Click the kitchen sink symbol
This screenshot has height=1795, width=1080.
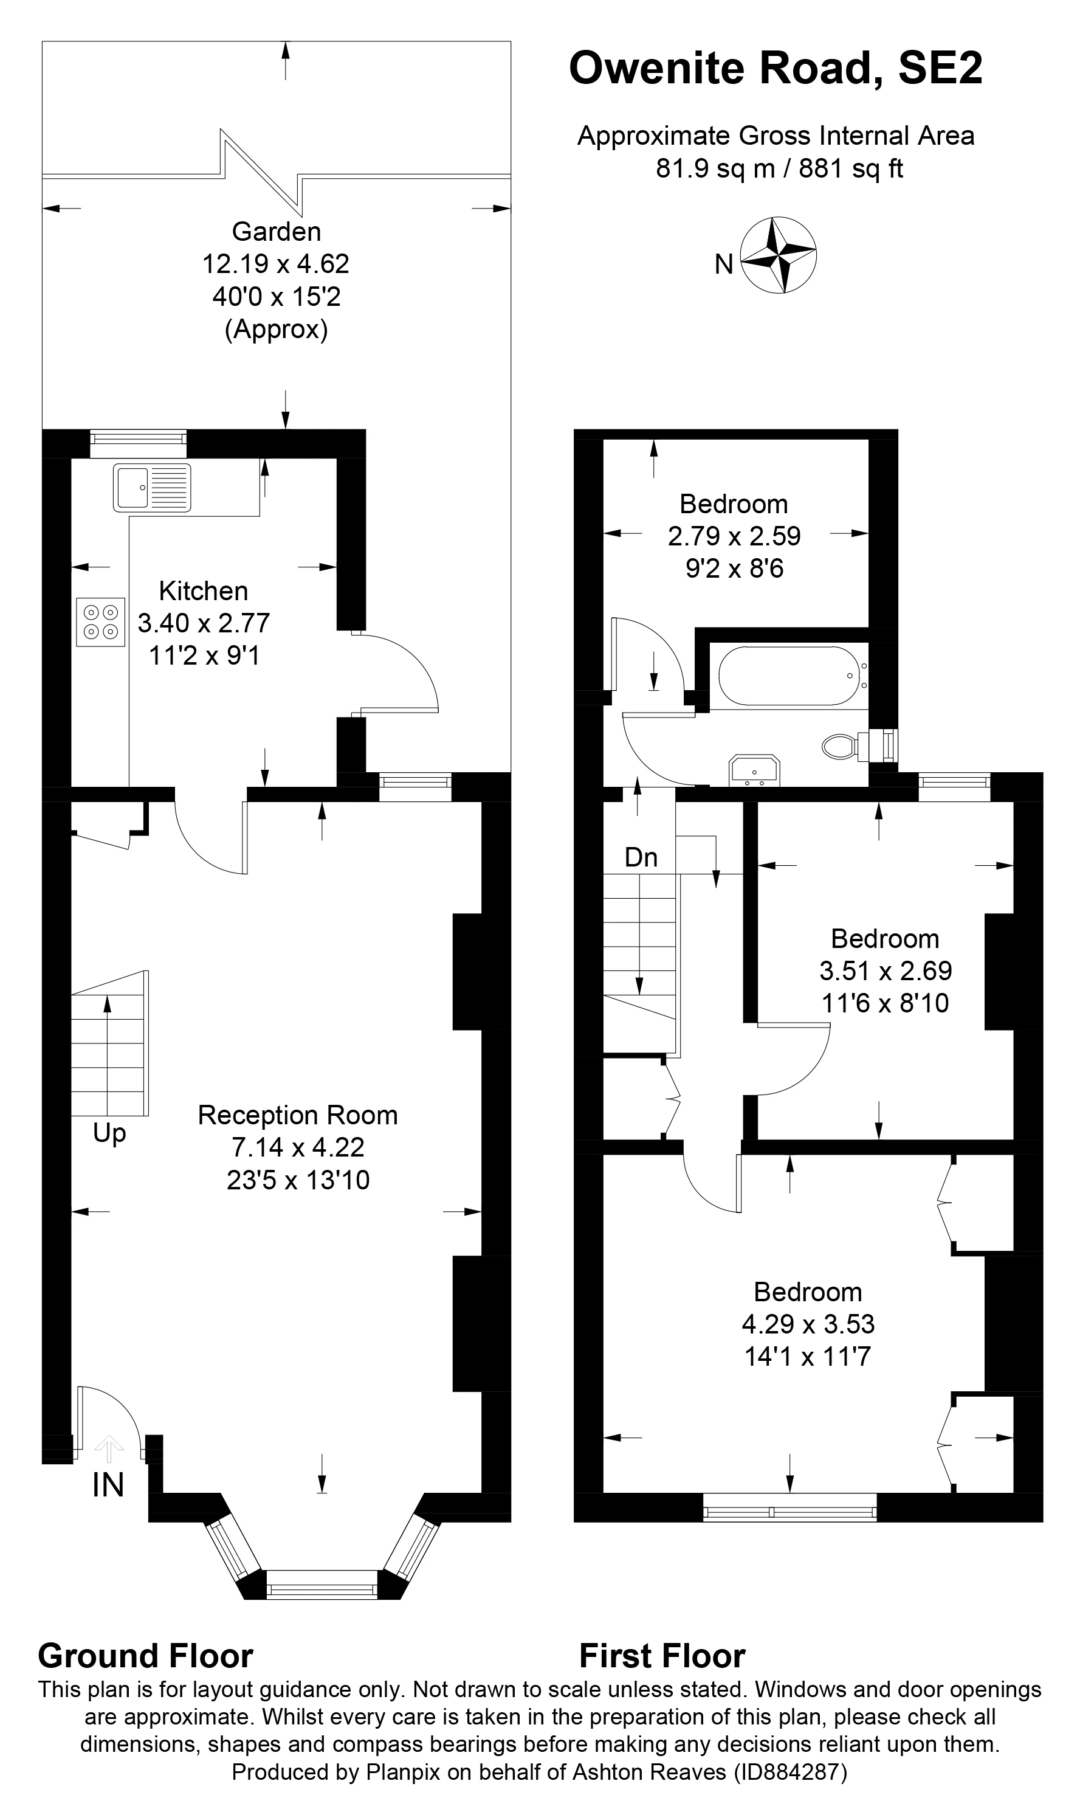[151, 487]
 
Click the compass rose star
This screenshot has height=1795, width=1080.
[778, 255]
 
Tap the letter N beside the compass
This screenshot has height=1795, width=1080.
[723, 265]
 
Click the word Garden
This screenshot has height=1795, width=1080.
[276, 232]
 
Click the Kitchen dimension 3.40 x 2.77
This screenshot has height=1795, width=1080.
[204, 623]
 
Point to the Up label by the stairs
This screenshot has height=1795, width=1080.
[109, 1133]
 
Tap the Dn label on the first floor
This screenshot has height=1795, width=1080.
[641, 857]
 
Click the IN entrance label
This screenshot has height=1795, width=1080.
[108, 1485]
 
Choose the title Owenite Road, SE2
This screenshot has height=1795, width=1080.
[775, 69]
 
